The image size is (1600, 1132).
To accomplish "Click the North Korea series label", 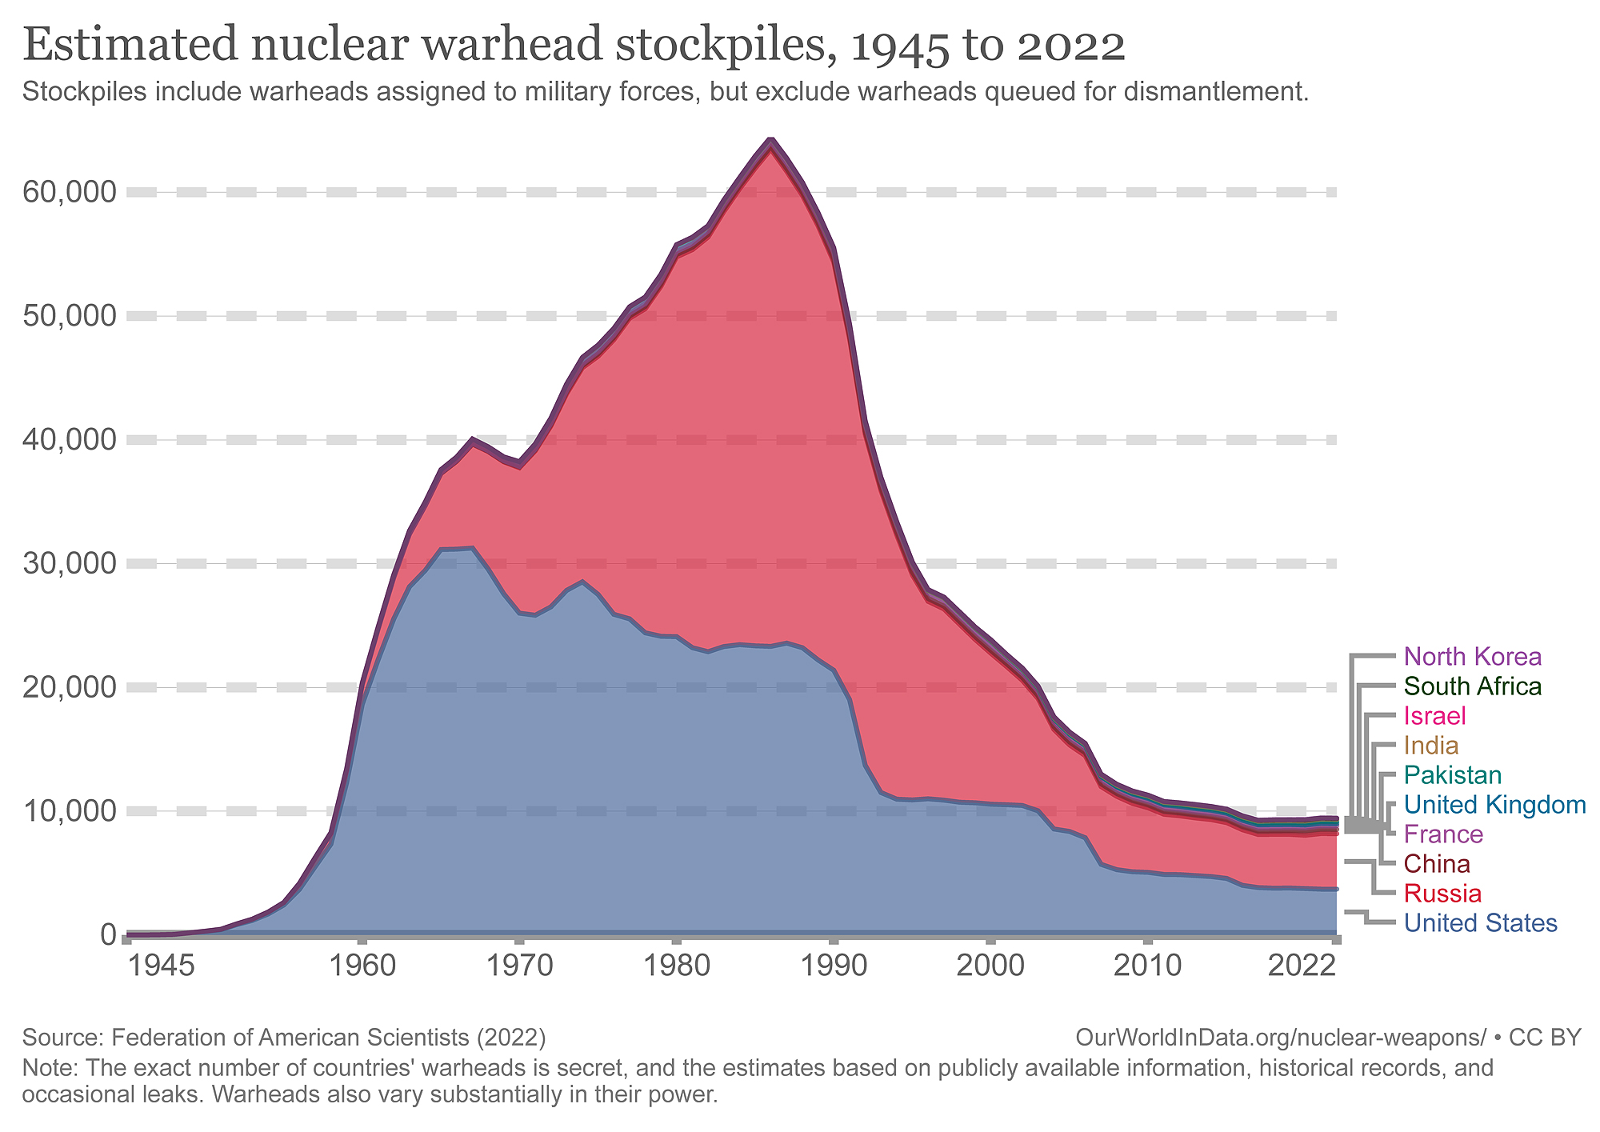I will pyautogui.click(x=1472, y=657).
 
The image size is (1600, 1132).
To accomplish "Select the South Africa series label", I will pyautogui.click(x=1472, y=686).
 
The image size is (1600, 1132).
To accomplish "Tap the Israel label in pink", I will pyautogui.click(x=1436, y=716).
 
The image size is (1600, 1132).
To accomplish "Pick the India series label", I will pyautogui.click(x=1431, y=746).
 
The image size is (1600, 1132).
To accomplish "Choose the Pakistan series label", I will pyautogui.click(x=1453, y=775).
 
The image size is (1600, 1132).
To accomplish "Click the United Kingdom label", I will pyautogui.click(x=1494, y=805).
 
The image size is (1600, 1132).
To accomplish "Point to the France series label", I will pyautogui.click(x=1443, y=834).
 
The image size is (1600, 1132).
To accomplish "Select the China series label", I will pyautogui.click(x=1437, y=864).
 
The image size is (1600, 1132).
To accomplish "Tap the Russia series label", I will pyautogui.click(x=1442, y=894).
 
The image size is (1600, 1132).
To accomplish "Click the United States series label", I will pyautogui.click(x=1480, y=923).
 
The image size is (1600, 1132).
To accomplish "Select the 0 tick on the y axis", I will pyautogui.click(x=107, y=934).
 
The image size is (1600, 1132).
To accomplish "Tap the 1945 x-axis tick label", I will pyautogui.click(x=162, y=966).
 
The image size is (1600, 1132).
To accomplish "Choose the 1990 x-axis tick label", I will pyautogui.click(x=834, y=966).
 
